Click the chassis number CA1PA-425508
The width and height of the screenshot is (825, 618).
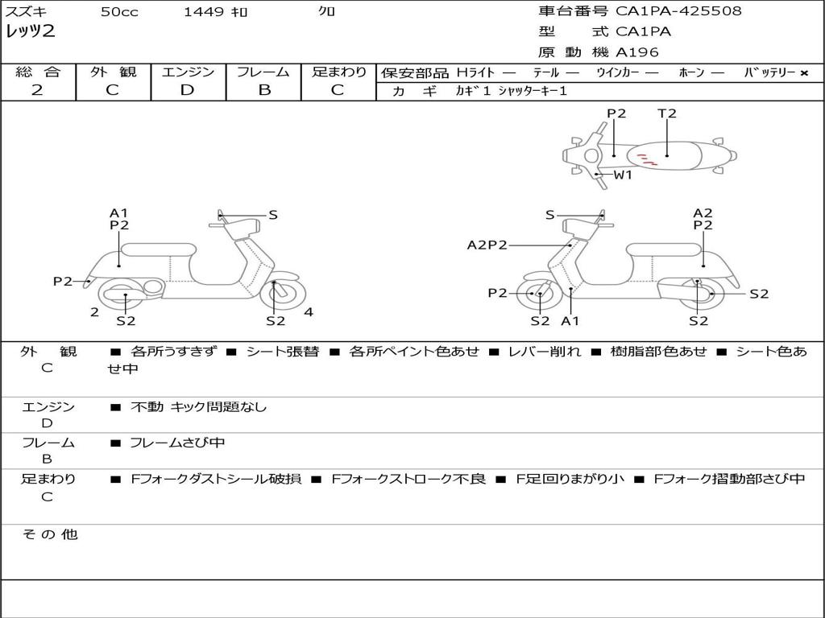click(x=678, y=11)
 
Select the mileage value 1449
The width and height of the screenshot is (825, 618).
click(x=204, y=12)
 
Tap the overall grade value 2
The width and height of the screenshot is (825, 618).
click(x=37, y=90)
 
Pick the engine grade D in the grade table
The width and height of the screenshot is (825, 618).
click(x=187, y=90)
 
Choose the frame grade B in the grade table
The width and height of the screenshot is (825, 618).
click(x=264, y=90)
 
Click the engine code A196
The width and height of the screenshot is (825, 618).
click(x=637, y=52)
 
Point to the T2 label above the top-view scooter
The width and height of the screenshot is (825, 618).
click(x=667, y=113)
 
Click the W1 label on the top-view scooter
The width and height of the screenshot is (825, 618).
click(x=624, y=175)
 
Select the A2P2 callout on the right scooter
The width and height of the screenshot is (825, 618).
click(x=487, y=245)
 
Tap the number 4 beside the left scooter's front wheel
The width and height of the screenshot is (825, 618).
click(x=309, y=312)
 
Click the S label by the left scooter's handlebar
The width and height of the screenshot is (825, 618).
click(x=273, y=215)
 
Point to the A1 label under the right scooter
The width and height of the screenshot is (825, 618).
click(x=570, y=321)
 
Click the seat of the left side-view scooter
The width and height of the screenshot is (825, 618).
click(x=158, y=249)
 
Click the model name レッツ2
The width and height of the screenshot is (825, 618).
click(x=31, y=32)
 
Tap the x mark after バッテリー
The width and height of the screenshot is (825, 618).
click(x=804, y=72)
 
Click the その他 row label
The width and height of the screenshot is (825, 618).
click(x=50, y=534)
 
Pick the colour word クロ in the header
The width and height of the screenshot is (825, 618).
click(x=327, y=12)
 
